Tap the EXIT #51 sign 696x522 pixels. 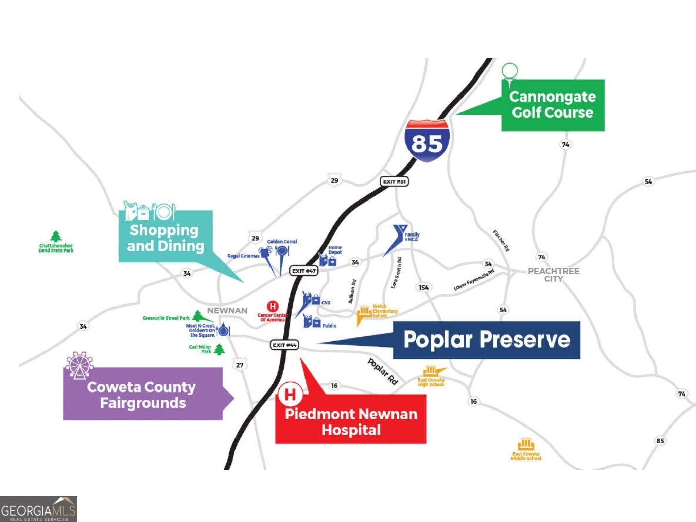click(x=394, y=181)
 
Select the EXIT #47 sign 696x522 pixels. click(x=304, y=271)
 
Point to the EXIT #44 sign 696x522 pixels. click(x=285, y=345)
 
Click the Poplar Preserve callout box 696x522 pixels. click(x=486, y=340)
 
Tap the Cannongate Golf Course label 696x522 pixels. click(x=553, y=105)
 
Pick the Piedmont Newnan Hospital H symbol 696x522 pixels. click(x=290, y=394)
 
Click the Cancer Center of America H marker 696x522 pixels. click(x=273, y=307)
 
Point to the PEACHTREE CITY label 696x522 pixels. click(x=554, y=275)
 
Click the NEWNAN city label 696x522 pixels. click(x=227, y=311)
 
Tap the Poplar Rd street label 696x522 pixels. click(x=383, y=371)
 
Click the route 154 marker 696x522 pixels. click(x=423, y=288)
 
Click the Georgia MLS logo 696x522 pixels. click(x=38, y=509)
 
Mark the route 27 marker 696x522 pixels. click(x=240, y=365)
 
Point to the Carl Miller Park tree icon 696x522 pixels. click(x=220, y=349)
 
